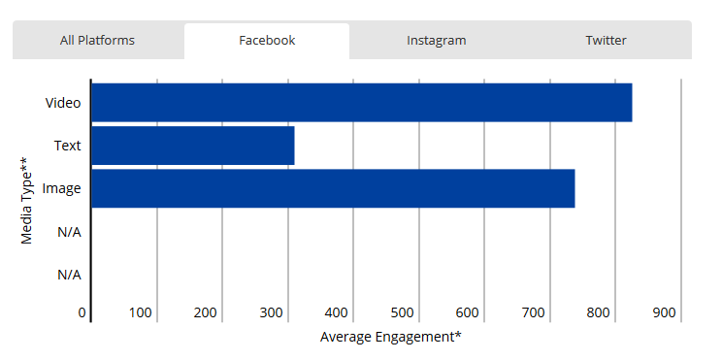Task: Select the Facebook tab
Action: [x=267, y=41]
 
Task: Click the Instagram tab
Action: [x=436, y=41]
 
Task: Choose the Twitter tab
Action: [x=606, y=41]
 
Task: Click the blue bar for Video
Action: [x=361, y=103]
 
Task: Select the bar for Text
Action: [x=192, y=146]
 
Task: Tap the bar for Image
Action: [x=333, y=188]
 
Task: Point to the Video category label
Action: [x=63, y=103]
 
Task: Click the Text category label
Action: [x=68, y=146]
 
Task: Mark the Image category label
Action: [x=61, y=188]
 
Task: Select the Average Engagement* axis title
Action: [x=390, y=337]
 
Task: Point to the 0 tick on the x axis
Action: [x=83, y=313]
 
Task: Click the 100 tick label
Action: [x=140, y=313]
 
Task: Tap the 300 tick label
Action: [x=271, y=313]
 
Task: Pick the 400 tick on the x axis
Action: [x=337, y=313]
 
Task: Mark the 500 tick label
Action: [x=402, y=313]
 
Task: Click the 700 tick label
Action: [x=533, y=313]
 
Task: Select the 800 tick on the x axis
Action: [x=599, y=313]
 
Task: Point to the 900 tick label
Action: [x=664, y=313]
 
